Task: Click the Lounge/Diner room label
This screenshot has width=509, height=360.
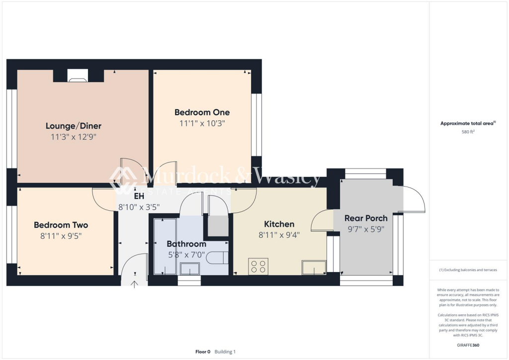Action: (74, 126)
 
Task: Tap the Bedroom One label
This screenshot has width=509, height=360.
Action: (202, 112)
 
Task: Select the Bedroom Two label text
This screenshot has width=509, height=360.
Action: (61, 225)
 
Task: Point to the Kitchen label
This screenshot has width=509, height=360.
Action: (279, 224)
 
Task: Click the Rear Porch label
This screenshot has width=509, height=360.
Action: (366, 218)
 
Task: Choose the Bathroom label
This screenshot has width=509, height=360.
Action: (186, 244)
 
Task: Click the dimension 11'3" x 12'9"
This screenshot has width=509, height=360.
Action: (74, 137)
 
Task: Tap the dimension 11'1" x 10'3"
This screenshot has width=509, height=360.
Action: (202, 123)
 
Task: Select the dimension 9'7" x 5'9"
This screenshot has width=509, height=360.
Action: (366, 229)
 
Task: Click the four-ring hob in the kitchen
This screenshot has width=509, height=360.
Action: (258, 266)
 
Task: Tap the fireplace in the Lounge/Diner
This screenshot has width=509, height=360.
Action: (77, 76)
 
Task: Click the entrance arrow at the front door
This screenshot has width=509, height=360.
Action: (134, 284)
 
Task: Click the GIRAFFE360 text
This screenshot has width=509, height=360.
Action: (468, 345)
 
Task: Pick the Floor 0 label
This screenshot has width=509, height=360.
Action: (203, 352)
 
